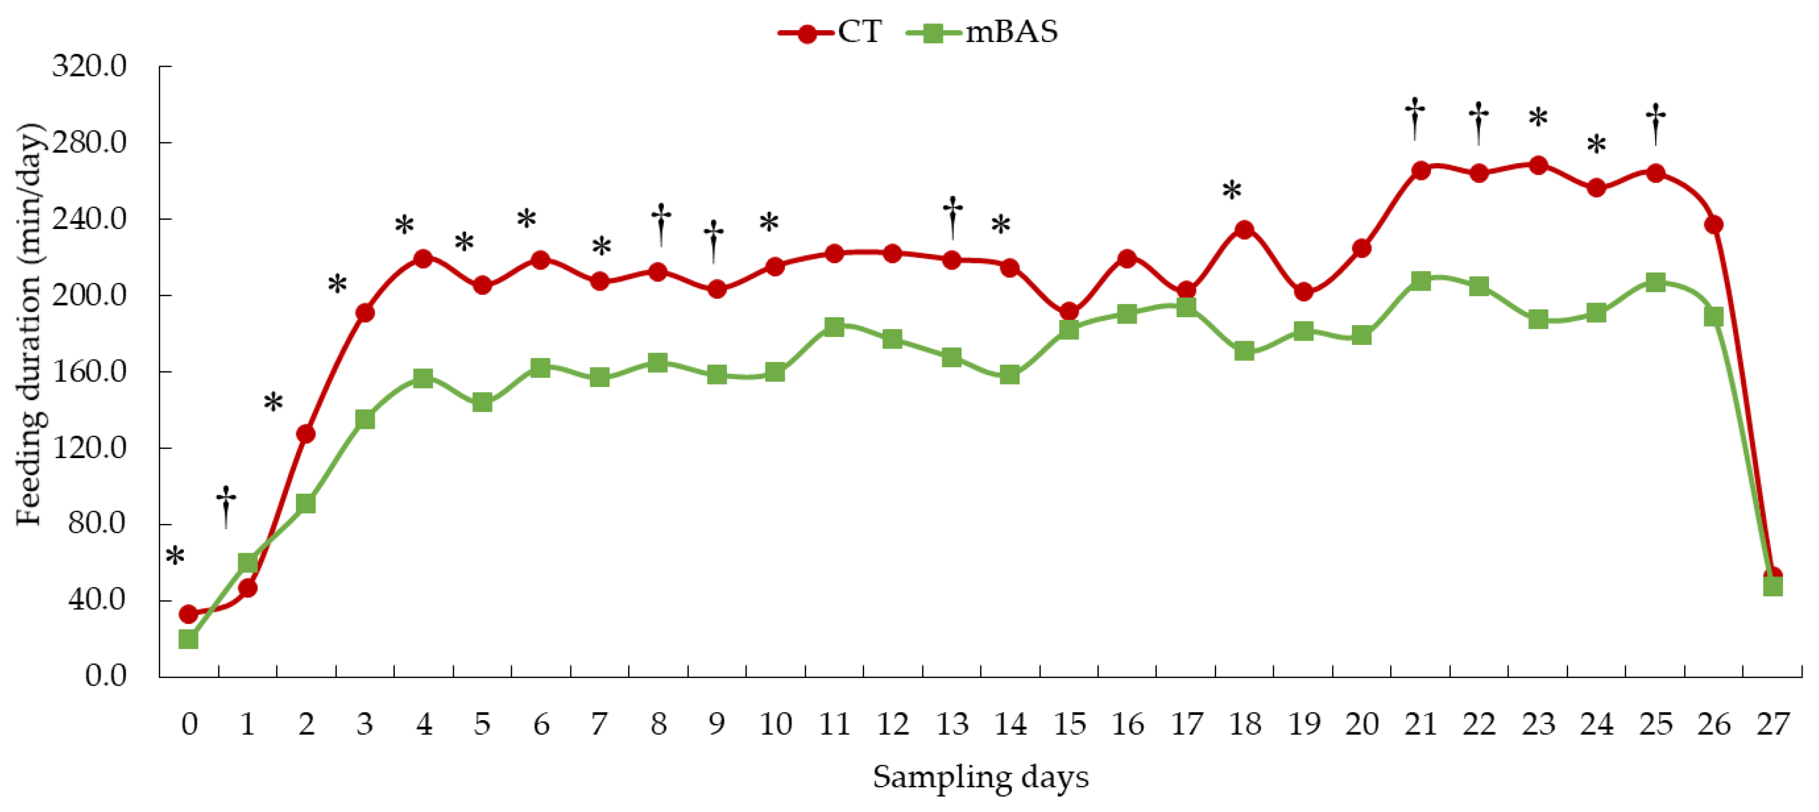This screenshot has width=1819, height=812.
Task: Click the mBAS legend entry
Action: [982, 32]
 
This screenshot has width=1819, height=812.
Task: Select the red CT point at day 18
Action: [1244, 230]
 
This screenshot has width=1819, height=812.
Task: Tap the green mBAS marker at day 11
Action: [834, 327]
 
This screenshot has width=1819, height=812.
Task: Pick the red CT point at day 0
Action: [189, 614]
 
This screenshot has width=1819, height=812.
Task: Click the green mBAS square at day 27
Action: [1772, 586]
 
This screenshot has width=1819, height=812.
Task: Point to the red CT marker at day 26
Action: [1714, 225]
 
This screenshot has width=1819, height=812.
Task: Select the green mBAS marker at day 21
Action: [1421, 281]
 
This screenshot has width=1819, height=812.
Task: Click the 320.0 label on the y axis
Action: [89, 66]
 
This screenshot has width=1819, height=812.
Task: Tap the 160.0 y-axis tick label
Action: [89, 371]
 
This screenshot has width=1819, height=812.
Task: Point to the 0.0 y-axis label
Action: [105, 676]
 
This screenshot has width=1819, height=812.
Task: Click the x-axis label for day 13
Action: [951, 724]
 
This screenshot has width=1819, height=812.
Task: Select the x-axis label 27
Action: [1772, 724]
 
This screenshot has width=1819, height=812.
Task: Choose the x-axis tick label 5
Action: [483, 724]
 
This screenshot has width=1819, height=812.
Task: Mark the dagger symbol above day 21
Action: [1415, 118]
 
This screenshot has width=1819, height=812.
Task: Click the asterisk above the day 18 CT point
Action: [1231, 191]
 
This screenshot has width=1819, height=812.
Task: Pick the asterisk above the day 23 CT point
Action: [1538, 118]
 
